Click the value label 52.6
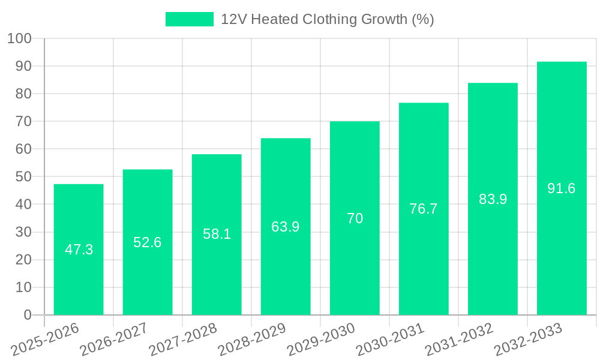148,242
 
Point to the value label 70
355,218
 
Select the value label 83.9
493,199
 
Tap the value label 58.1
217,234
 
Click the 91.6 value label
562,188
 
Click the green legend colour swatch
189,19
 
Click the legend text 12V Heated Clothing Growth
327,19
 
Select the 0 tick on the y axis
27,315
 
